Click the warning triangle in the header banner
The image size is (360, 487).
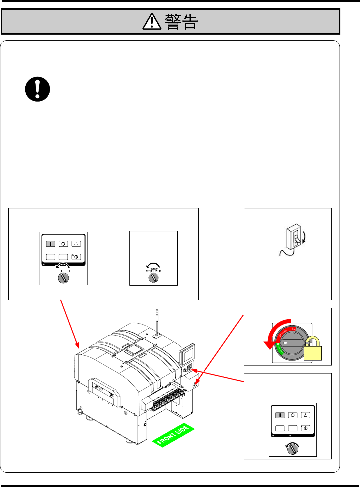pos(152,22)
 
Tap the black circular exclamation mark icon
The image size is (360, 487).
pos(38,89)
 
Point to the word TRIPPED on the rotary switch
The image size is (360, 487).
pos(283,333)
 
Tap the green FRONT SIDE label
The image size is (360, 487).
pos(173,435)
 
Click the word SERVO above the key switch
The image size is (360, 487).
pos(154,269)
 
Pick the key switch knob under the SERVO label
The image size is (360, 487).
pos(153,278)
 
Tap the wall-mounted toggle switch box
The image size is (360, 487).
pos(294,236)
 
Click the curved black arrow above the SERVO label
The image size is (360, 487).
pos(153,265)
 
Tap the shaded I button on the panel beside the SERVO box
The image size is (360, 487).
pos(51,244)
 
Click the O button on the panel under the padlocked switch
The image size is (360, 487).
pos(293,415)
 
